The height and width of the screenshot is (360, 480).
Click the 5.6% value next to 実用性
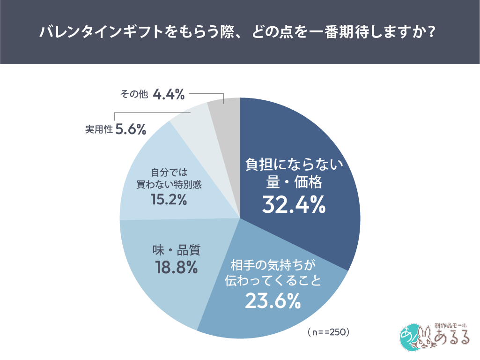[131, 130]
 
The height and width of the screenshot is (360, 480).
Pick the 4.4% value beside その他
[169, 95]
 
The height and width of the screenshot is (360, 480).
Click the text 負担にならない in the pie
[295, 165]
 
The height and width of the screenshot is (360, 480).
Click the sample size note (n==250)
[329, 332]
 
